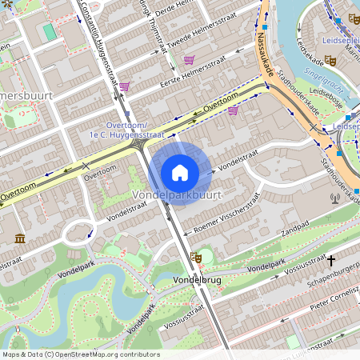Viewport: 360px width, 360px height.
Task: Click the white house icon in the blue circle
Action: coord(180,173)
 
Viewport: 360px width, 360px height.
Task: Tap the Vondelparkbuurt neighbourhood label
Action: coord(176,195)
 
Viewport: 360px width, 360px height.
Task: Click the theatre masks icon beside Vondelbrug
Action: coord(195,258)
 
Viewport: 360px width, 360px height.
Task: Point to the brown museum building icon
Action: coord(19,238)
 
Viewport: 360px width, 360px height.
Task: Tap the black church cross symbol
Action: coord(331,260)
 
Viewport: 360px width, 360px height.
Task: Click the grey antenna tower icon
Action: coord(335,198)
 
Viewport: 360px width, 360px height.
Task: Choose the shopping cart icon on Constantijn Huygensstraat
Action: coord(124,86)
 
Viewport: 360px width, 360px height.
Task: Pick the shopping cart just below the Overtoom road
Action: coord(233,111)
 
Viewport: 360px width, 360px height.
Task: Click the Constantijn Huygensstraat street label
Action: coord(100,48)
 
